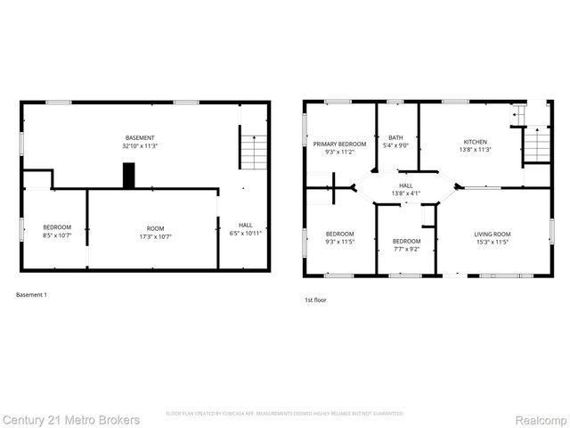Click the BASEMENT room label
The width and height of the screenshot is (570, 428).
click(139, 137)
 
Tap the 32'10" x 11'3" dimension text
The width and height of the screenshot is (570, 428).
click(139, 145)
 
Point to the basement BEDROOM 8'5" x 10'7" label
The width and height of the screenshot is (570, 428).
click(57, 232)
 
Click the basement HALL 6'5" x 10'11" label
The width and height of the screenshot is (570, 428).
click(244, 228)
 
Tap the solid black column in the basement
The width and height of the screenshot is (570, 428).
click(129, 175)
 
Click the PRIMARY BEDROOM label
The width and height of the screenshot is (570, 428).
click(339, 144)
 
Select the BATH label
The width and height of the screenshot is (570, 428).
click(396, 137)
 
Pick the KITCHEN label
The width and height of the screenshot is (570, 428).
click(475, 142)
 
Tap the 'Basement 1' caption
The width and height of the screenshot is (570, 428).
click(32, 294)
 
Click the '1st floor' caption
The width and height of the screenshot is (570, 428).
click(316, 300)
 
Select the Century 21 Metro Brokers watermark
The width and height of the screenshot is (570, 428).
click(70, 419)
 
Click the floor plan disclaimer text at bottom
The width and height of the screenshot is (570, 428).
click(285, 414)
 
